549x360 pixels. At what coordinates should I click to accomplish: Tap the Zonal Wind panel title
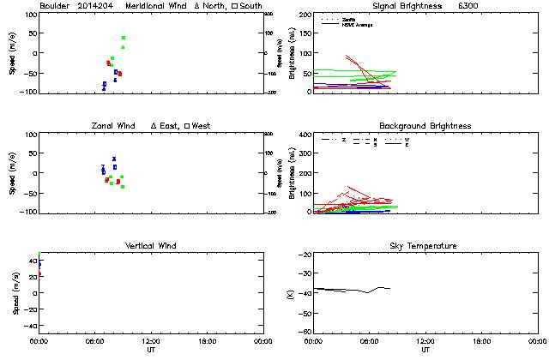click(116, 126)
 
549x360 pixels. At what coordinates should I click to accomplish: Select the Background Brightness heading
click(425, 126)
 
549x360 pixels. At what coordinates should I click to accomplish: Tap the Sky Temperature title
click(425, 246)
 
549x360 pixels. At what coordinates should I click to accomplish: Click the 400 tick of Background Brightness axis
click(303, 135)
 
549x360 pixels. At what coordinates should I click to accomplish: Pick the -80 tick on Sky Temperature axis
click(302, 333)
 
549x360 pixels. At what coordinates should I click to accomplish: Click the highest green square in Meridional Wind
click(124, 38)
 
